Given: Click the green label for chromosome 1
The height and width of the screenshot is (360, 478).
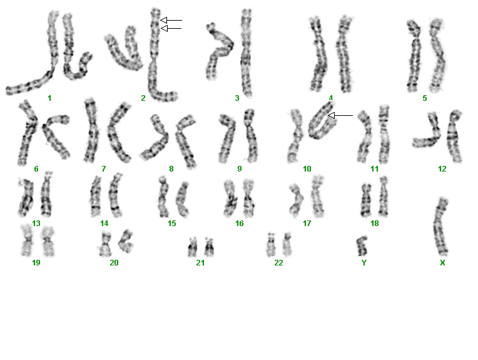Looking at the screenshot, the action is point(49,98).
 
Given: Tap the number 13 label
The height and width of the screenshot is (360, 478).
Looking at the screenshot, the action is point(36,224).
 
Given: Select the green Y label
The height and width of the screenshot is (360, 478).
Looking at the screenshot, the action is point(364,263).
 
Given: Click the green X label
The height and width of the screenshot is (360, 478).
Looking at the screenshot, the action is point(442,263).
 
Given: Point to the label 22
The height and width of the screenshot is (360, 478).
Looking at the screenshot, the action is point(278,263).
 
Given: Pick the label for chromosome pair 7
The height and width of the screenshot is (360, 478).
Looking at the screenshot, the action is point(104,168).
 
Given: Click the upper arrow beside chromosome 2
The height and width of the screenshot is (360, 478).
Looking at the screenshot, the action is point(171,20).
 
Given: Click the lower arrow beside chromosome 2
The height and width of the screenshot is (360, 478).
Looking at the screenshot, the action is point(171,28).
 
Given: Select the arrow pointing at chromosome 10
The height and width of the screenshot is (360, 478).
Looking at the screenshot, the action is point(340,115).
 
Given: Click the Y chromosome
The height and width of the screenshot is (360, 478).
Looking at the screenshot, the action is point(362,246).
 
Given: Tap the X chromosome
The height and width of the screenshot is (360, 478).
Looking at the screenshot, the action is point(440,227).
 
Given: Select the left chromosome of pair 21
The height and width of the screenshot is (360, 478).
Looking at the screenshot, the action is point(192,247).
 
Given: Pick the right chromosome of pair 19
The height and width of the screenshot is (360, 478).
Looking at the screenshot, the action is point(48,241).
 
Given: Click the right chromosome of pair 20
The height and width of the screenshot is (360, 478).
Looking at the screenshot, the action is point(126,241).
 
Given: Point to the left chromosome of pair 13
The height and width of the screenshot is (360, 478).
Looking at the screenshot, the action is point(26,198).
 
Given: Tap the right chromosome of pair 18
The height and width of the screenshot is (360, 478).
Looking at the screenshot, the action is point(383,197).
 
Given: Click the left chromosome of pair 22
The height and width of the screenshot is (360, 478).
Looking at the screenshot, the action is point(271,245).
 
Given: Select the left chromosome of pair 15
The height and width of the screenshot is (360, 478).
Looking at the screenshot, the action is point(163,197).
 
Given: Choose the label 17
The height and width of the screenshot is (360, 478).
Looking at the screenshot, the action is point(307,224).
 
